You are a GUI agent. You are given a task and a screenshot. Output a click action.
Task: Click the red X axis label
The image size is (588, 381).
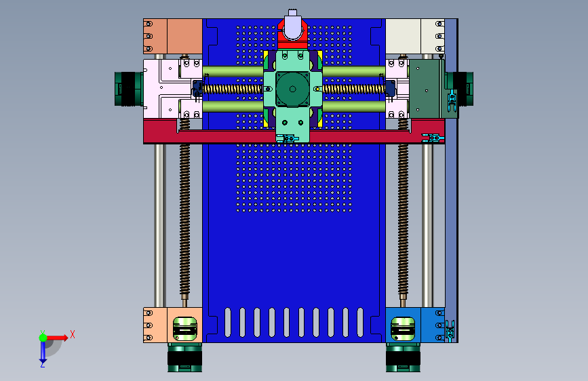pos(73,334)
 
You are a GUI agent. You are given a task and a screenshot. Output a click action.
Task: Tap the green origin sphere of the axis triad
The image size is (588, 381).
pos(43,338)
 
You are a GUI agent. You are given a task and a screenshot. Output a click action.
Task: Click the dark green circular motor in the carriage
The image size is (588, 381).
pos(292,89)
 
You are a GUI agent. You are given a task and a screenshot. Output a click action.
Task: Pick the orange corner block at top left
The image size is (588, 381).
pos(172,37)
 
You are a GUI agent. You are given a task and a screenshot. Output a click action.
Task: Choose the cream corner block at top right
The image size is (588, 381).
pos(415,37)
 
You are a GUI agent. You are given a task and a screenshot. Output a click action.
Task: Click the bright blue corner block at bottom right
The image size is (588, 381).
pos(415,325)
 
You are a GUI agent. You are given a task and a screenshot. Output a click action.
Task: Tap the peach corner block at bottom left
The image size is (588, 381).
pos(172,325)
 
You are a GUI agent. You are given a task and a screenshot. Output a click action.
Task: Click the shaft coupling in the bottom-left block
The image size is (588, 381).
pos(185,329)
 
